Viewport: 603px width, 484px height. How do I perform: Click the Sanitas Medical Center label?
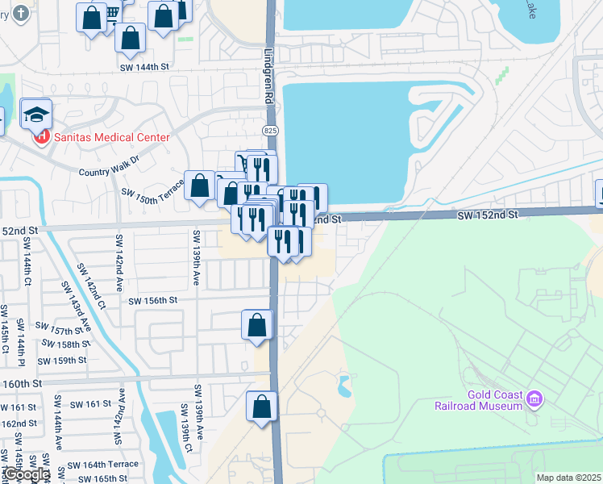coord(111,137)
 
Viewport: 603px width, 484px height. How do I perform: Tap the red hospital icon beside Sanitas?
coord(40,137)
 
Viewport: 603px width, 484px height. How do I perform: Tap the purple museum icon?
coord(533,398)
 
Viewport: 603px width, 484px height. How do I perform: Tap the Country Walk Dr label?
coord(109,171)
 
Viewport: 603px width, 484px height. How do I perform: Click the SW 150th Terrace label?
coord(152,193)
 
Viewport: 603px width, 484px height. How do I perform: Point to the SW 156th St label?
coord(152,300)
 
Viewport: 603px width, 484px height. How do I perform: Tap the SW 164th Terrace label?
coord(103,465)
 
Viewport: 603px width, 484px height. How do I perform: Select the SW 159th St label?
coord(61,361)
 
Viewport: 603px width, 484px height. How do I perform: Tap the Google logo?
coord(26,474)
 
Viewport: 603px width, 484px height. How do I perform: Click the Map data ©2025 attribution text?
coord(568,478)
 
